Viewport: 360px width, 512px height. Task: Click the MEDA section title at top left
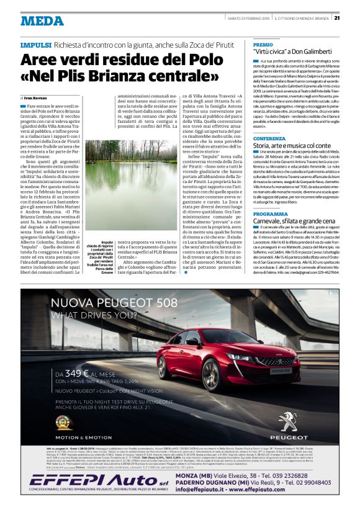click(42, 20)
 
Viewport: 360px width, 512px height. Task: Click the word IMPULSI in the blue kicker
click(35, 46)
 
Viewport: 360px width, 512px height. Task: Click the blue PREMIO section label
click(263, 45)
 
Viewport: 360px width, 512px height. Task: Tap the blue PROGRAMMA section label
click(270, 213)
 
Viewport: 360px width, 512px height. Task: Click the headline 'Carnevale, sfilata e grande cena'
click(298, 221)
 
